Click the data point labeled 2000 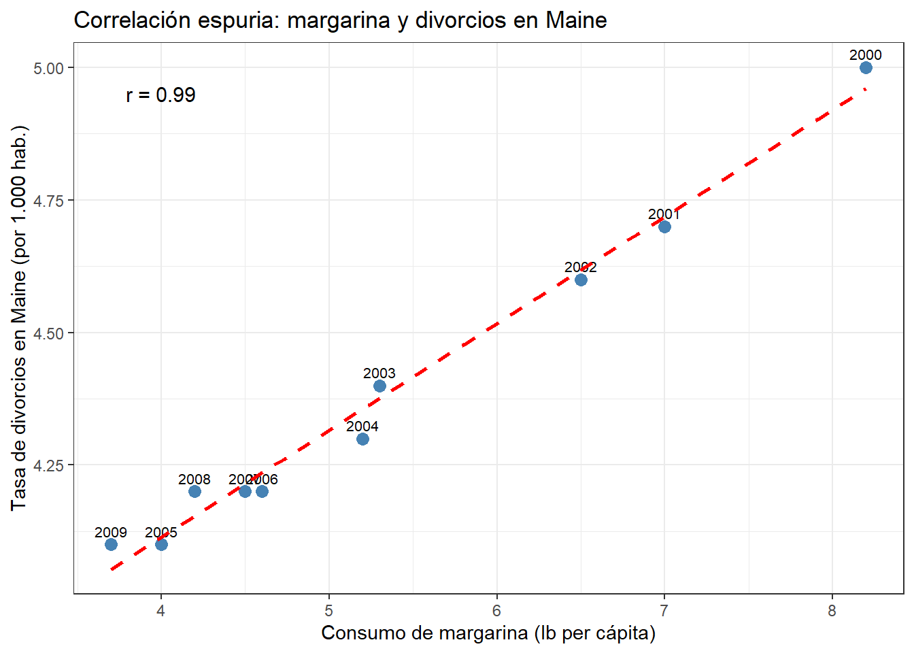[866, 67]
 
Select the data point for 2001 [664, 227]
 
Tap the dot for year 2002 [581, 280]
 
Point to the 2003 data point [379, 386]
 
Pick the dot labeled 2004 [362, 439]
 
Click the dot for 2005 [161, 544]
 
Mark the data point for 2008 [194, 491]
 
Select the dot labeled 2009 [111, 544]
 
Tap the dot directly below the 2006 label [262, 491]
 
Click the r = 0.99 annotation [160, 95]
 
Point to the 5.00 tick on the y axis [48, 68]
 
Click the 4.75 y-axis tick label [48, 201]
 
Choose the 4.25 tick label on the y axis [48, 465]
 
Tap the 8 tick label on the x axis [832, 611]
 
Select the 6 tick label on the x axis [496, 611]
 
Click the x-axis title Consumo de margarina [488, 633]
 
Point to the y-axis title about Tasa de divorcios [18, 318]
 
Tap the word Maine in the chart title [576, 20]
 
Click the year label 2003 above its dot [379, 373]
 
